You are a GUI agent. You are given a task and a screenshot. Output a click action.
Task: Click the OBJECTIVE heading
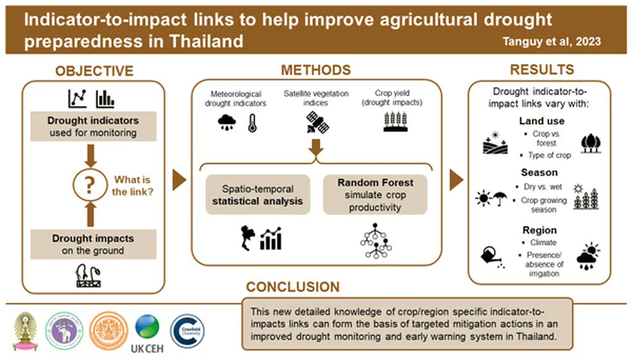pyautogui.click(x=94, y=71)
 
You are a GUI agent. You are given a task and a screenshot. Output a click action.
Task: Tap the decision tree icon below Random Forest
pyautogui.click(x=375, y=243)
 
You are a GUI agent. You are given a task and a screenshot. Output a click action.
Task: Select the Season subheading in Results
pyautogui.click(x=539, y=174)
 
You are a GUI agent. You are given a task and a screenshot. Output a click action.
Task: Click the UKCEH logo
pyautogui.click(x=147, y=334)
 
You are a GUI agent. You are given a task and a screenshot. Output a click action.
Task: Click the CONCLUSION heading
pyautogui.click(x=293, y=287)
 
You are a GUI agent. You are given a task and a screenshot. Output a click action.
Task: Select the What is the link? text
pyautogui.click(x=132, y=185)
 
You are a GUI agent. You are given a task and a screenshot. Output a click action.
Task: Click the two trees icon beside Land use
pyautogui.click(x=591, y=143)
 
